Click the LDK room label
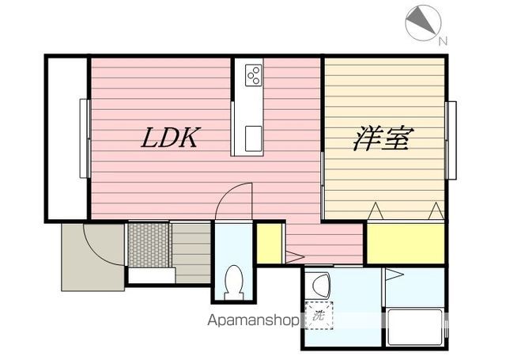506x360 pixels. click(x=169, y=138)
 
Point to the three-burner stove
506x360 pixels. click(x=254, y=75)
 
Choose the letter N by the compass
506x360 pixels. click(x=443, y=41)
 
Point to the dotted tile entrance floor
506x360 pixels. click(x=149, y=244)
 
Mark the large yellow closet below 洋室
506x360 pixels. click(x=405, y=243)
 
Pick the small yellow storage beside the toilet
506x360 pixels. click(x=269, y=243)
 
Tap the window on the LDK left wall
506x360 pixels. click(x=83, y=138)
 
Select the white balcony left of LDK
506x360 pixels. click(x=66, y=138)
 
